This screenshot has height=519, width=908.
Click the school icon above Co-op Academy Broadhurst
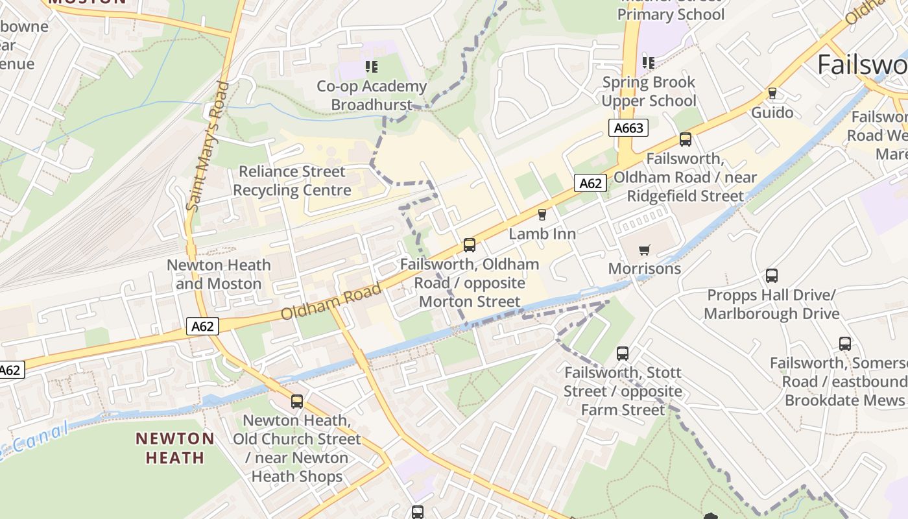point(371,66)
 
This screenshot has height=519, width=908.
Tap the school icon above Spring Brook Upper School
point(648,62)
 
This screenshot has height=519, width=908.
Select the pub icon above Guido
point(772,93)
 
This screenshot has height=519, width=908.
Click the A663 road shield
point(628,128)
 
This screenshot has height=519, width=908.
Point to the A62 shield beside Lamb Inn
point(590,184)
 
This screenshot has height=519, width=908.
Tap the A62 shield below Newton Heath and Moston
point(202,326)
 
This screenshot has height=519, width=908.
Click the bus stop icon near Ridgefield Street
point(685,139)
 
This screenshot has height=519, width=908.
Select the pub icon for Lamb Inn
point(542,215)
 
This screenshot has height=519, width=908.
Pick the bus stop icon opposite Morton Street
point(470,245)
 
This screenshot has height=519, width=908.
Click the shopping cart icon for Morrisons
point(644,250)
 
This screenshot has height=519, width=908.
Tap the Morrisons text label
point(644,269)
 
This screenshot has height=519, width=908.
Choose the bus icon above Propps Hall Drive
point(771,276)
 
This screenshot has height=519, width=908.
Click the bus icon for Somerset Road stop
point(844,344)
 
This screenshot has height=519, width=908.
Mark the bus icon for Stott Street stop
point(622,354)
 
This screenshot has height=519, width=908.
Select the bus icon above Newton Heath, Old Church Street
point(296,402)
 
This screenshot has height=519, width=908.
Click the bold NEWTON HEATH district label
point(175,448)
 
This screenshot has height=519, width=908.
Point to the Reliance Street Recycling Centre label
point(292,181)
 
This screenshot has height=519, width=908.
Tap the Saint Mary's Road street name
point(212,146)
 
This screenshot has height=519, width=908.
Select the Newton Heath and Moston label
point(219,274)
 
